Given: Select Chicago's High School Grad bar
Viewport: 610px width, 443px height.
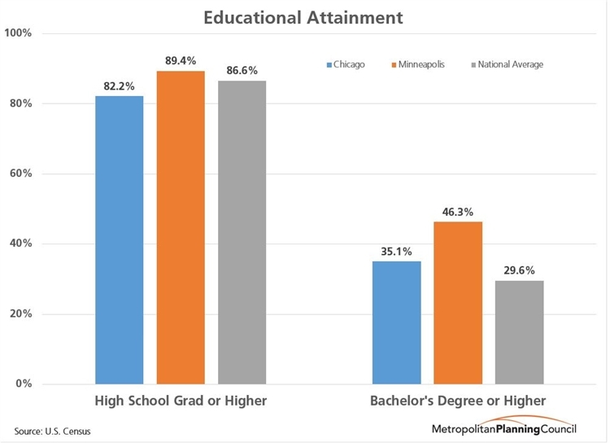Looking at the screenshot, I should [x=120, y=240].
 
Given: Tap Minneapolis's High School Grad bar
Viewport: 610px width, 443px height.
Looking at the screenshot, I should [x=181, y=228].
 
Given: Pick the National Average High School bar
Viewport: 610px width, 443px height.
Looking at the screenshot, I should [x=242, y=232].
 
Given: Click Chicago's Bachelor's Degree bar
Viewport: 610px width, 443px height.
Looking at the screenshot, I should [x=396, y=322].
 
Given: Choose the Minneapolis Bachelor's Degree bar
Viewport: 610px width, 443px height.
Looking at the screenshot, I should [x=458, y=303].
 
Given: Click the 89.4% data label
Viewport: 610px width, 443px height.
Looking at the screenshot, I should [x=181, y=59].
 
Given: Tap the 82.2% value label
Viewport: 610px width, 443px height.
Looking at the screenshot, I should [x=120, y=85].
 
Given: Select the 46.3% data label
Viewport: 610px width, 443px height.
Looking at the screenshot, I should [x=458, y=210].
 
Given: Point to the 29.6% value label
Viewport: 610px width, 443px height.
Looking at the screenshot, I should [x=519, y=270].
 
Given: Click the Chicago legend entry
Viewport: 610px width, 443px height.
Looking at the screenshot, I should [x=345, y=64].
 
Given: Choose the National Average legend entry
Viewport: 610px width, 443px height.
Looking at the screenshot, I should [x=506, y=64].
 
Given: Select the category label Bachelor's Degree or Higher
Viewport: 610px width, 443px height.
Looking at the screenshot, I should [x=458, y=401].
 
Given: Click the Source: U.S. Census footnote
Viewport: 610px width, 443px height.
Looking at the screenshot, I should [x=52, y=429].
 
